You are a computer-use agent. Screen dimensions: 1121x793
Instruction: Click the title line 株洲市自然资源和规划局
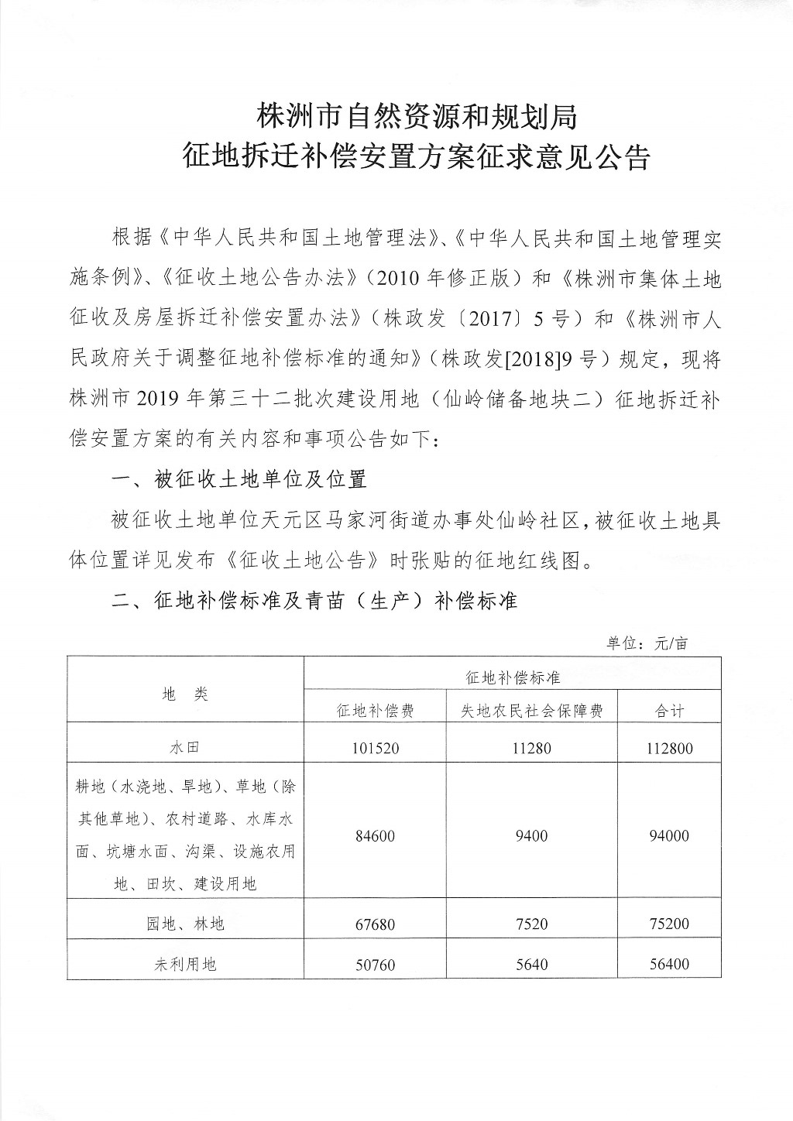click(417, 117)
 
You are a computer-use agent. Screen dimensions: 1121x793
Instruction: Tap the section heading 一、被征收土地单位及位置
click(239, 480)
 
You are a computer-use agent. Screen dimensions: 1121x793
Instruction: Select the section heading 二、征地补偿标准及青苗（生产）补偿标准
click(314, 601)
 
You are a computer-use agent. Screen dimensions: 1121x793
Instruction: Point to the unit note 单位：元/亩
click(647, 643)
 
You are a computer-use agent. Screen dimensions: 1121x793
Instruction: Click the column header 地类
click(186, 694)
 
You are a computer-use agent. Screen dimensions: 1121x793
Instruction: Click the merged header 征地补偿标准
click(513, 677)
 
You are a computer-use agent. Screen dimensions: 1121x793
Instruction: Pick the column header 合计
click(670, 711)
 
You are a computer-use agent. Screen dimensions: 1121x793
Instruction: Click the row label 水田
click(186, 748)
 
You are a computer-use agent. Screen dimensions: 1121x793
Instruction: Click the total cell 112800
click(670, 748)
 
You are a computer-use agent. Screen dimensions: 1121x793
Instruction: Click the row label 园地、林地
click(186, 924)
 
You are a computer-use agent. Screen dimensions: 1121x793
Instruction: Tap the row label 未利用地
click(186, 964)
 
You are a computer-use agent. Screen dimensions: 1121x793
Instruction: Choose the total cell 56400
click(670, 964)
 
